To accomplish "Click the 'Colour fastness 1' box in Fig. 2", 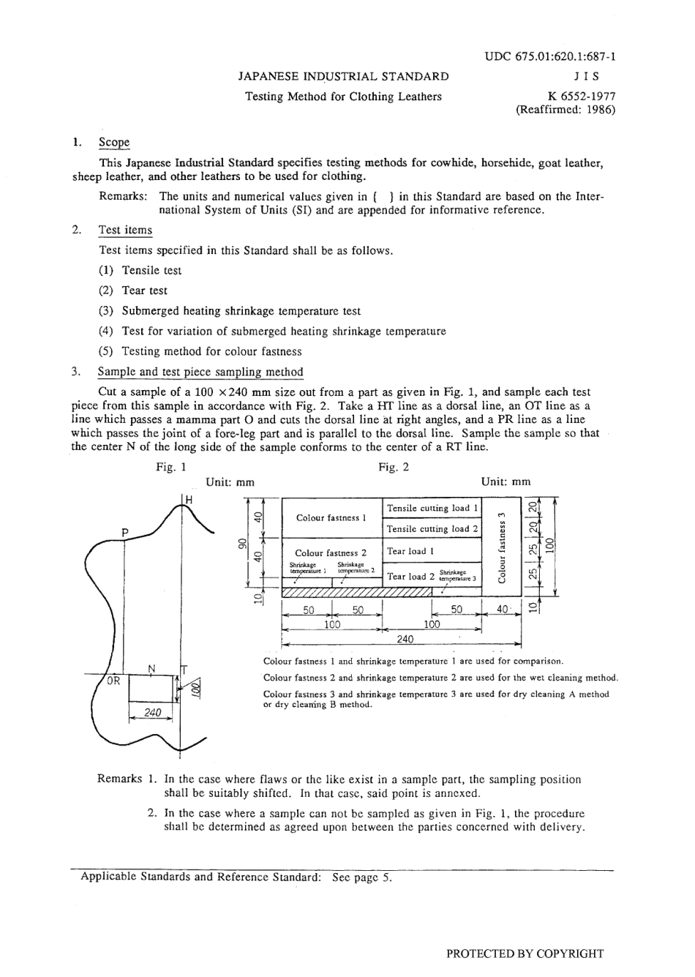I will coord(331,518).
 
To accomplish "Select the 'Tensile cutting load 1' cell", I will coord(432,508).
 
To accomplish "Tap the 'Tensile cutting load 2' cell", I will coord(432,528).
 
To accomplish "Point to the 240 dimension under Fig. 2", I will coord(405,638).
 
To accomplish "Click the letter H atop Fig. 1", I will coord(189,499).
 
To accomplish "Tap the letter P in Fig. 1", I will coord(125,532).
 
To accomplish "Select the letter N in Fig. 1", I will coord(152,668).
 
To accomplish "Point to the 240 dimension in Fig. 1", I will coord(152,712).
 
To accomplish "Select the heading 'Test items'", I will coord(125,230).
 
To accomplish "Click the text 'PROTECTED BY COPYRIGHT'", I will coord(525,953).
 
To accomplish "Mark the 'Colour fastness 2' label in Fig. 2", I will coord(331,553).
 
